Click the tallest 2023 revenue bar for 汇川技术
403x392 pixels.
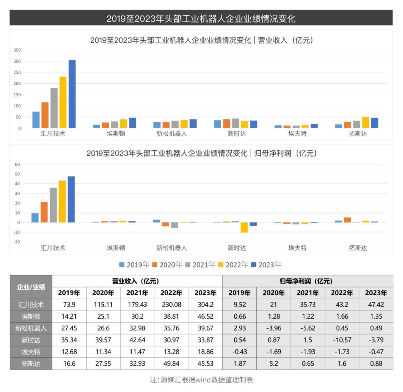[72, 94]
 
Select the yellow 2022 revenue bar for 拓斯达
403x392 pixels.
[365, 123]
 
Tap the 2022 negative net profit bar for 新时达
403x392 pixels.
[244, 227]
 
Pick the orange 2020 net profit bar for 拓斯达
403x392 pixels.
[348, 220]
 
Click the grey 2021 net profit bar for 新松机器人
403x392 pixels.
[174, 225]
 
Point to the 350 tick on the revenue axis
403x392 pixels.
[17, 50]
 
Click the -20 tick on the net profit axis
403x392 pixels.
[17, 242]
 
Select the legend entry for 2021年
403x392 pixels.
[201, 265]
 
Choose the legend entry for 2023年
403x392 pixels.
[266, 265]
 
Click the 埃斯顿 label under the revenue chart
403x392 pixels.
[116, 133]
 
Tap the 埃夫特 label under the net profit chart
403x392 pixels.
[297, 248]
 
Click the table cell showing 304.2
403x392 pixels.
[205, 305]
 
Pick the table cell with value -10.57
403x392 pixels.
[342, 340]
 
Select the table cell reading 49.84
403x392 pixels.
[171, 363]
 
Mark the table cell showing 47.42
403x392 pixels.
[376, 305]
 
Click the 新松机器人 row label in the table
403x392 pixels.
[31, 328]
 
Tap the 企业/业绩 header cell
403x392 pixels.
[31, 287]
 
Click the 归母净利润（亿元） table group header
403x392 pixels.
[308, 281]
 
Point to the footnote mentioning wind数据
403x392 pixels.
[201, 380]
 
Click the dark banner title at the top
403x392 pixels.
[201, 19]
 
